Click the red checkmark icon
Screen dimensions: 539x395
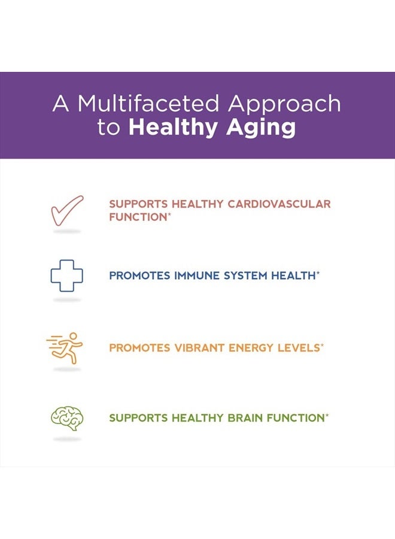pos(66,210)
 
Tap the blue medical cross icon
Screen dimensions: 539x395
pos(66,275)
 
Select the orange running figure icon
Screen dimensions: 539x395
pos(66,347)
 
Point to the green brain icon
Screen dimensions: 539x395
pos(66,418)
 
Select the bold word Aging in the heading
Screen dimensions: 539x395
pos(266,128)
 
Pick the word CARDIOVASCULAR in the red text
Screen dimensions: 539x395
pos(279,204)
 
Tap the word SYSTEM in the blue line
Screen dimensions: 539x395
pos(247,275)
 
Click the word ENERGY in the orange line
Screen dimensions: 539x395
pos(251,347)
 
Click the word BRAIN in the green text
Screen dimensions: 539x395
pos(245,418)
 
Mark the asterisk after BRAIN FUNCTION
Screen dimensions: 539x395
pos(327,415)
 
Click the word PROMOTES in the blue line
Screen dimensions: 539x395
pos(139,275)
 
